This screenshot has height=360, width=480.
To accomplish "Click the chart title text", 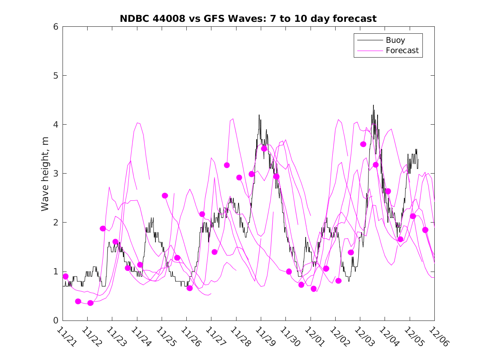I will pos(248,19).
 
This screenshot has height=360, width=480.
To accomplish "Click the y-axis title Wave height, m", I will pos(45,174).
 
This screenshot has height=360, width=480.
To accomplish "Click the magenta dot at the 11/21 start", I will pos(65,276).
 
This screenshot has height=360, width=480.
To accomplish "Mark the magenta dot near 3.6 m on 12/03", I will pos(363,144).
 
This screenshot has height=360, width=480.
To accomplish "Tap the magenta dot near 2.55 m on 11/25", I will pos(165,196).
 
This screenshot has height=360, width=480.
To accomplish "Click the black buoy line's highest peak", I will pos(373,105).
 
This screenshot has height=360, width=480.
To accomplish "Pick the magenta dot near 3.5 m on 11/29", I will pos(264,149).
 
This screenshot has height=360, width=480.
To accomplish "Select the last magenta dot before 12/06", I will pos(425,230).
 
